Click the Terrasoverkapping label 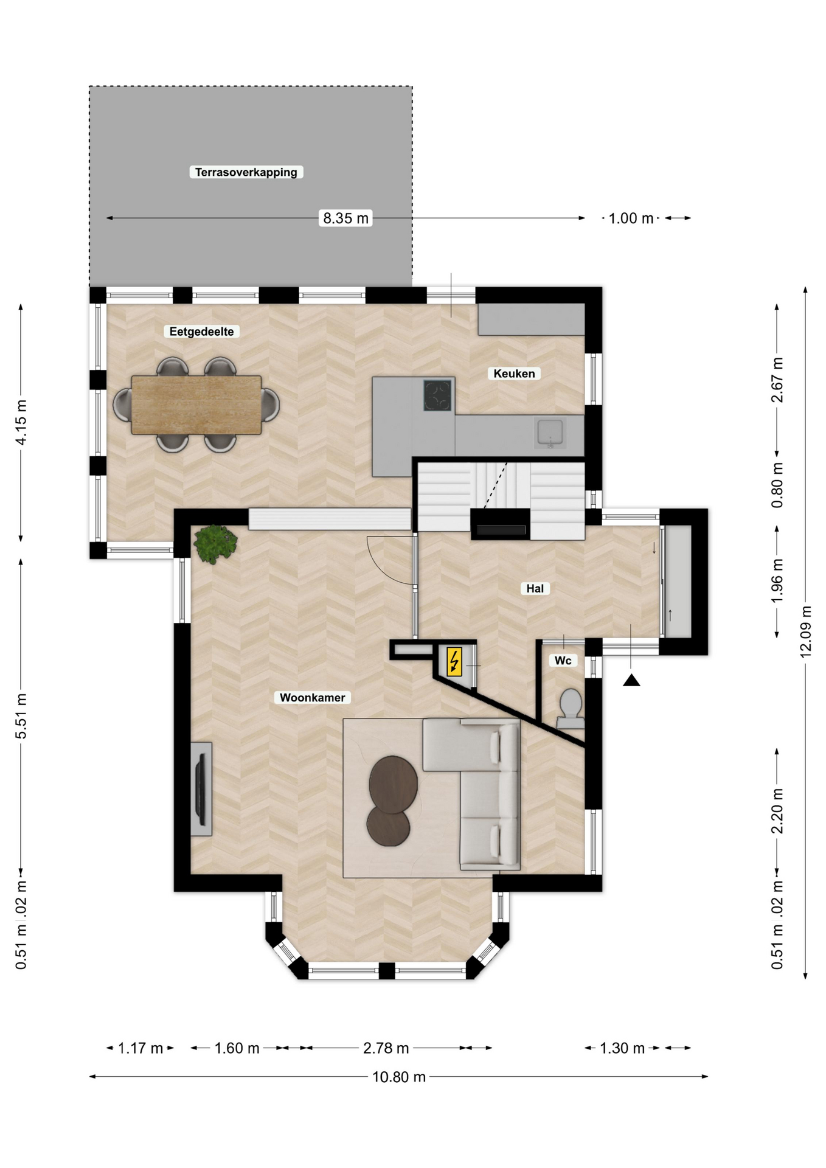pyautogui.click(x=246, y=172)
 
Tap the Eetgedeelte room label pyautogui.click(x=201, y=332)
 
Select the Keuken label pyautogui.click(x=514, y=374)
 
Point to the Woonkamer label pyautogui.click(x=312, y=698)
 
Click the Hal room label pyautogui.click(x=535, y=588)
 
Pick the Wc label pyautogui.click(x=563, y=661)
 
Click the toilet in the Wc pyautogui.click(x=571, y=709)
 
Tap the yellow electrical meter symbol pyautogui.click(x=454, y=662)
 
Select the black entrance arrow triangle pyautogui.click(x=631, y=680)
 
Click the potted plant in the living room pyautogui.click(x=215, y=544)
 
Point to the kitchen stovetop pyautogui.click(x=438, y=395)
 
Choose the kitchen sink pyautogui.click(x=550, y=433)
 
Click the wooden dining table pyautogui.click(x=196, y=405)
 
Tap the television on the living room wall pyautogui.click(x=200, y=789)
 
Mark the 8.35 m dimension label pyautogui.click(x=345, y=218)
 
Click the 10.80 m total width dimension pyautogui.click(x=399, y=1077)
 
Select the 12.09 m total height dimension pyautogui.click(x=805, y=631)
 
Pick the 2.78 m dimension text pyautogui.click(x=386, y=1048)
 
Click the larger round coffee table pyautogui.click(x=393, y=784)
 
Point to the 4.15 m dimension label pyautogui.click(x=21, y=422)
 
